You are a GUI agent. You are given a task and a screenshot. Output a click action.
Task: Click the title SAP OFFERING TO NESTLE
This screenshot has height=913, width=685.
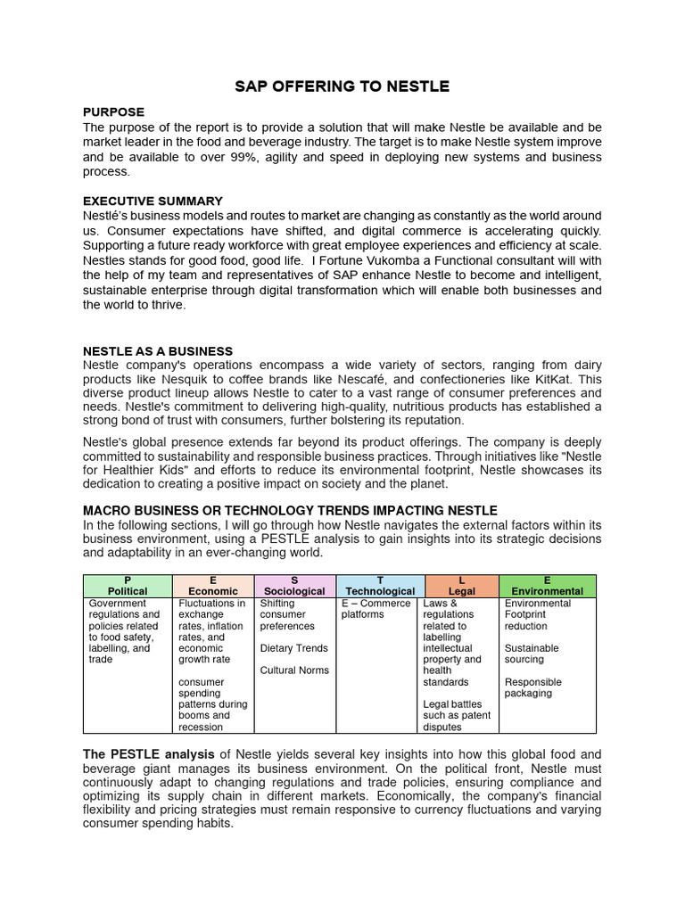pyautogui.click(x=342, y=86)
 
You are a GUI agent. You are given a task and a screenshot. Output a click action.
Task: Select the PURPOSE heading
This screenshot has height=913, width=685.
pyautogui.click(x=113, y=112)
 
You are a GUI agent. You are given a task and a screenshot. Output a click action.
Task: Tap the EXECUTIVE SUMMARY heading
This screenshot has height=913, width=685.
pyautogui.click(x=153, y=202)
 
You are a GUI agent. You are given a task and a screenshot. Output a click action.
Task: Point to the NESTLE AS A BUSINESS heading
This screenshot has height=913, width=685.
pyautogui.click(x=158, y=351)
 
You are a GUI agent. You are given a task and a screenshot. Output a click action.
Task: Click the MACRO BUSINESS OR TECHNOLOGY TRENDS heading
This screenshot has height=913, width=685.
pyautogui.click(x=290, y=511)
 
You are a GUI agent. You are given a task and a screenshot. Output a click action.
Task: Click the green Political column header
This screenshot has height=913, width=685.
pyautogui.click(x=128, y=586)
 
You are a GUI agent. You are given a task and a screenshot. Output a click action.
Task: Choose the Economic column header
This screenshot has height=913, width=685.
pyautogui.click(x=214, y=586)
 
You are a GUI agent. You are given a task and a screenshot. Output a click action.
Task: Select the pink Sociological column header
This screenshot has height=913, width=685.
pyautogui.click(x=295, y=586)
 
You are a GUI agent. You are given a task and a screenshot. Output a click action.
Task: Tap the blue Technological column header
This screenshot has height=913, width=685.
pyautogui.click(x=380, y=586)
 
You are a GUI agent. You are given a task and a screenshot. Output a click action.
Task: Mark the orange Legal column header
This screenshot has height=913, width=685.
pyautogui.click(x=461, y=586)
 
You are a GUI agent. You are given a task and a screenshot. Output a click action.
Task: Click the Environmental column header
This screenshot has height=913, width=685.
pyautogui.click(x=547, y=586)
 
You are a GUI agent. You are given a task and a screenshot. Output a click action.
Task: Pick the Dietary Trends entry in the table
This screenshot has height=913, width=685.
pyautogui.click(x=293, y=648)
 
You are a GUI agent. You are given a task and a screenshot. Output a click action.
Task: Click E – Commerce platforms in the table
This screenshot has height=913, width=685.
pyautogui.click(x=376, y=609)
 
